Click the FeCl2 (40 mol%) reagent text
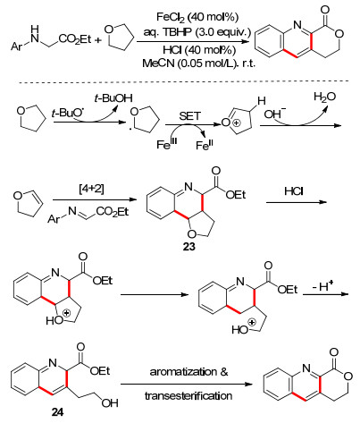tap(197, 17)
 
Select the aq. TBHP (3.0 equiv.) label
tap(197, 31)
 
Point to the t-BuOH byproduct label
tap(113, 98)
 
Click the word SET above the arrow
tap(190, 116)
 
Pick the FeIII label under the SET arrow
tap(167, 144)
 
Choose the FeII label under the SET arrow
tap(205, 145)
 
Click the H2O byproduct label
tap(324, 97)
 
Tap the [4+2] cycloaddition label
tap(91, 189)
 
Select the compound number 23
tap(189, 247)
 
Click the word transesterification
tap(188, 396)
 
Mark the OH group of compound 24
tap(110, 403)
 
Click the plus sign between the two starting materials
tap(97, 40)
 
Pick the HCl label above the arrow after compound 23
tap(294, 191)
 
